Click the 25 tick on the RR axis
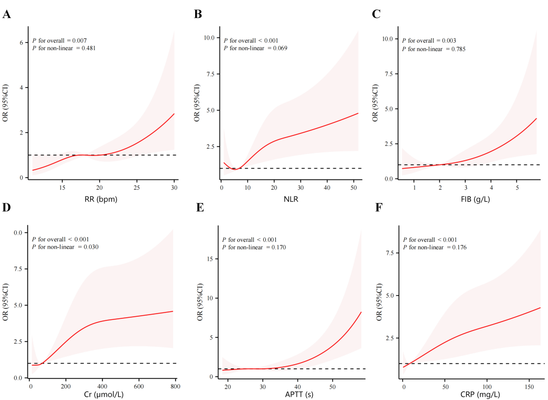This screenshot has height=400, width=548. (x=137, y=188)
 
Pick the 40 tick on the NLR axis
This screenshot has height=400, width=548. (x=327, y=188)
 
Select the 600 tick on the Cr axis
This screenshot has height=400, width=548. (x=139, y=386)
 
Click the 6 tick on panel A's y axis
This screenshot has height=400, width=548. (x=22, y=42)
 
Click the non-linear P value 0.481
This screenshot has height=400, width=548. (x=87, y=48)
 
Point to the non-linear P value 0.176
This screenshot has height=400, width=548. (x=457, y=247)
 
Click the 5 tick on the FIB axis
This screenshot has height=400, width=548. (x=517, y=188)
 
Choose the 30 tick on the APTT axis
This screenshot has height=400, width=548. (x=263, y=386)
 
